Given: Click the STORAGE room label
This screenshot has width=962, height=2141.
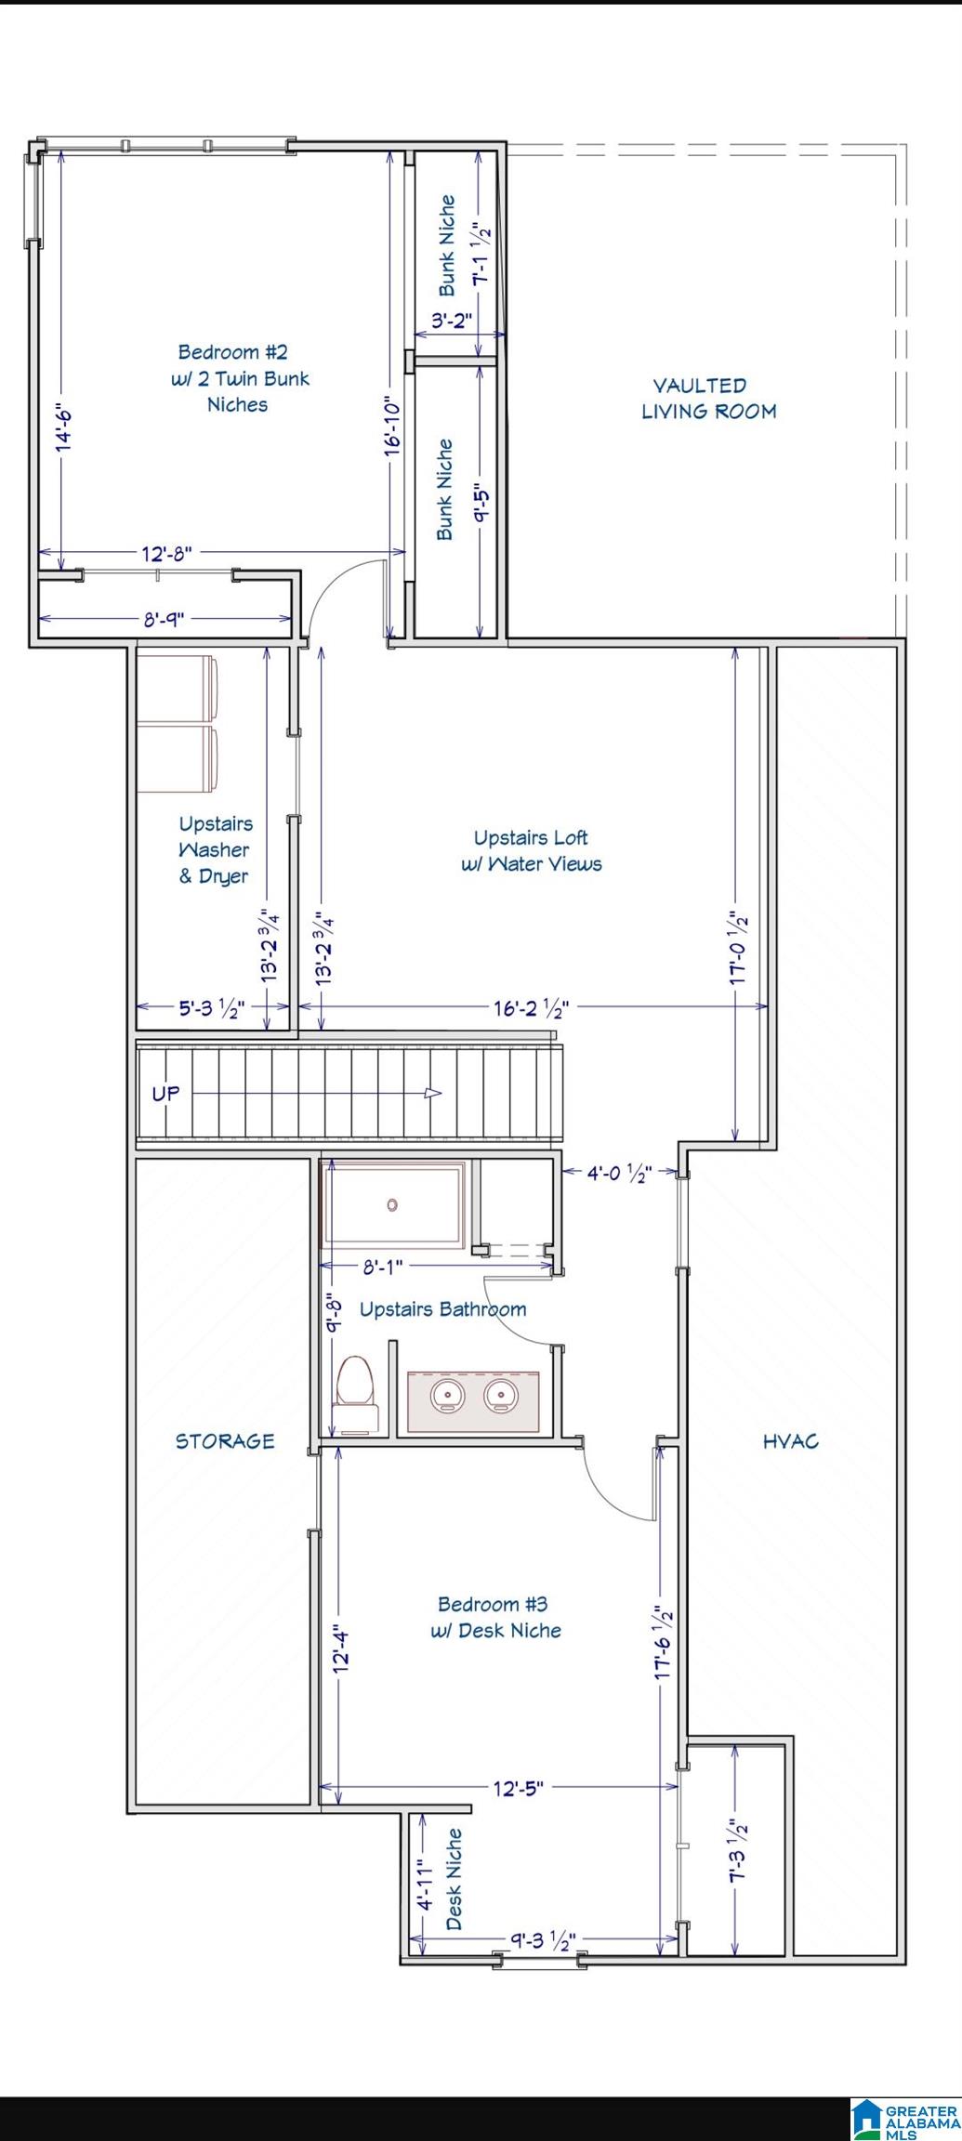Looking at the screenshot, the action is pyautogui.click(x=225, y=1441).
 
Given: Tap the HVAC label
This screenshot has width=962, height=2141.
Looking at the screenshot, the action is pyautogui.click(x=791, y=1441).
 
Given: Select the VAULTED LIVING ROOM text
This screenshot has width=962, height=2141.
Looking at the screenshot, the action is pyautogui.click(x=708, y=399).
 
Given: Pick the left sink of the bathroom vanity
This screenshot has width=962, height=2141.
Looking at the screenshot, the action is pyautogui.click(x=448, y=1395).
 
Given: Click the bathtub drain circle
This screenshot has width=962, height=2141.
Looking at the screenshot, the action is pyautogui.click(x=392, y=1205).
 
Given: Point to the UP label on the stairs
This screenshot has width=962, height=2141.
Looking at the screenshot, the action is pyautogui.click(x=165, y=1094).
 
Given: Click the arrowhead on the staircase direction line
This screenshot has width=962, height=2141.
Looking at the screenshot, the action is pyautogui.click(x=433, y=1093).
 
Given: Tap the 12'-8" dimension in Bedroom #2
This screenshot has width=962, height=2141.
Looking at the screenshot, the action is pyautogui.click(x=166, y=554).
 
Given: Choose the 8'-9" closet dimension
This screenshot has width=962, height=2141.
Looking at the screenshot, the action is pyautogui.click(x=164, y=619).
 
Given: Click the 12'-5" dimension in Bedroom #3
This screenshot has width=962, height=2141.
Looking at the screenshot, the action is pyautogui.click(x=518, y=1788).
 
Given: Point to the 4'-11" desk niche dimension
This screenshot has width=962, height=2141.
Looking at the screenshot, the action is pyautogui.click(x=424, y=1885).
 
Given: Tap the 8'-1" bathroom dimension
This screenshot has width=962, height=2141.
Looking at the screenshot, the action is pyautogui.click(x=382, y=1266).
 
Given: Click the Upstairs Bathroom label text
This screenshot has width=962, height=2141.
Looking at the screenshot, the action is pyautogui.click(x=442, y=1310).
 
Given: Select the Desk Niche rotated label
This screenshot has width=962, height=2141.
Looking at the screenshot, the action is pyautogui.click(x=454, y=1879).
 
